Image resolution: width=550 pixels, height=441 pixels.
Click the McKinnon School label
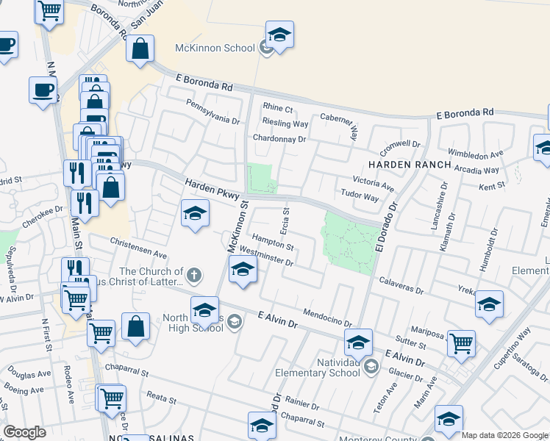click(x=214, y=48)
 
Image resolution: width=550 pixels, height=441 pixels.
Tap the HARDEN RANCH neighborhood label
click(x=410, y=165)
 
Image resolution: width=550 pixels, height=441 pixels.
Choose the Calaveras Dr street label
click(x=401, y=285)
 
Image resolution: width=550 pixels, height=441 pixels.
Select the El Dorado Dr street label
click(x=386, y=229)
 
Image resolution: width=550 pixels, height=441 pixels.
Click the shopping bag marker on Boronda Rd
click(x=140, y=49)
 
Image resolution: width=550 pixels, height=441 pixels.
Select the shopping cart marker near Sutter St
click(x=461, y=342)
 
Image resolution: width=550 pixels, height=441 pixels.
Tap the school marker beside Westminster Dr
click(x=243, y=270)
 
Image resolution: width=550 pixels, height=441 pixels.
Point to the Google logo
click(x=24, y=432)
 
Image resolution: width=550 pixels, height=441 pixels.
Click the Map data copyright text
click(x=504, y=435)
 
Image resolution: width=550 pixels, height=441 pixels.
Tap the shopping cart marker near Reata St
click(x=112, y=398)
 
